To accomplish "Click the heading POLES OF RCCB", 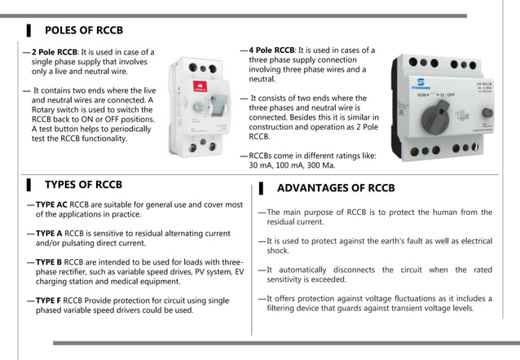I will point(83,31).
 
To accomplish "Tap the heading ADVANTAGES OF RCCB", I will point(336,188).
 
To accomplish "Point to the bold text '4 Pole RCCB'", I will point(271,50).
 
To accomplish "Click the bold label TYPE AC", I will point(51,204).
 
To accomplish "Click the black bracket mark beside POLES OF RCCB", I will point(29,31).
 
